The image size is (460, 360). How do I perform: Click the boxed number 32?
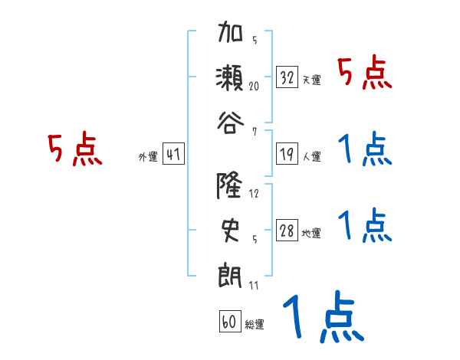[x=287, y=77]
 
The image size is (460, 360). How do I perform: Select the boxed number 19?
[x=287, y=154]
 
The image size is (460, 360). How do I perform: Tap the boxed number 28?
[x=287, y=231]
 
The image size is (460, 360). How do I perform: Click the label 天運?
[x=311, y=80]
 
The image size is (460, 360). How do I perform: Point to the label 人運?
[x=311, y=156]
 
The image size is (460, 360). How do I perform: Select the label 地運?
[x=311, y=234]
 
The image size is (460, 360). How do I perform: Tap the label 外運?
[x=147, y=156]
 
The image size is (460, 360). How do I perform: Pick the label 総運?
[x=255, y=324]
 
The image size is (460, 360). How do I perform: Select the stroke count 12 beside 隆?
[x=254, y=194]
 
